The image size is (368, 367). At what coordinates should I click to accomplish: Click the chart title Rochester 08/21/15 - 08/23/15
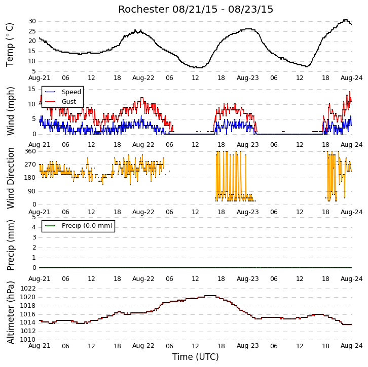196,10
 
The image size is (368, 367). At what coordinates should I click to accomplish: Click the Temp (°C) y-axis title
10,45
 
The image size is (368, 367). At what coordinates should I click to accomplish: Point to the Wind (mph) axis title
10,111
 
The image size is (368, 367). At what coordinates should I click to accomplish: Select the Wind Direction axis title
10,178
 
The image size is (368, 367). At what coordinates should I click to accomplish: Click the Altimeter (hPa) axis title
10,313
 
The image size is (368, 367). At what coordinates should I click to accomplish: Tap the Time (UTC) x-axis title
196,357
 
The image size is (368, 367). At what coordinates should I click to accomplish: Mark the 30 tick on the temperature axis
32,21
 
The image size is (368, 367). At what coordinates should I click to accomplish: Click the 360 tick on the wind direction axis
30,151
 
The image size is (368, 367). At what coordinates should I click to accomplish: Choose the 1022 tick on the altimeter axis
28,289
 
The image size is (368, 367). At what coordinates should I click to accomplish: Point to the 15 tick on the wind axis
32,89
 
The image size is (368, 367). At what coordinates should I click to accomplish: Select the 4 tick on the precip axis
34,227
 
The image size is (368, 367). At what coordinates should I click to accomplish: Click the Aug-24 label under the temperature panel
352,78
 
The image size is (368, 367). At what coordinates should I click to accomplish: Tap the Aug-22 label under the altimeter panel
143,346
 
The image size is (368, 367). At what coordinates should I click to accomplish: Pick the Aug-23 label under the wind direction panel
247,212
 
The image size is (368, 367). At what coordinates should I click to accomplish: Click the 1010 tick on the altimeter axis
28,340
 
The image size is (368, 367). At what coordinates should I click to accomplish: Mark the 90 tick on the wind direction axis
32,191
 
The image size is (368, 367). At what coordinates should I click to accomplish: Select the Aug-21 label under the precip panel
40,279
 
